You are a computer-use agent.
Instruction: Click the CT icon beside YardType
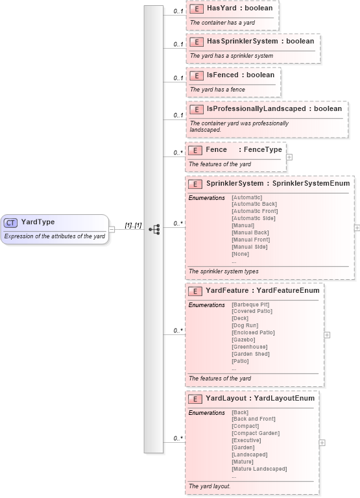(11, 222)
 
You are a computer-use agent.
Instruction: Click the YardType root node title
(38, 222)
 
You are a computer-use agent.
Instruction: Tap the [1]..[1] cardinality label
(133, 225)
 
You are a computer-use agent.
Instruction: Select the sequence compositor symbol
(154, 229)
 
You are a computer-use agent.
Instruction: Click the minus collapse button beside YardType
(112, 229)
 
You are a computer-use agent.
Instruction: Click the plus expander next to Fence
(289, 156)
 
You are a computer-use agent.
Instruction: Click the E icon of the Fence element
(195, 150)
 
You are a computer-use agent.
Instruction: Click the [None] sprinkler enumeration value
(240, 254)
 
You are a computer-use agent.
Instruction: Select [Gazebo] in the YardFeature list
(243, 340)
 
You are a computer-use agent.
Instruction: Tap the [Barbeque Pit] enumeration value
(250, 304)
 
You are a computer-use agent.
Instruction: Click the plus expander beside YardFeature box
(327, 335)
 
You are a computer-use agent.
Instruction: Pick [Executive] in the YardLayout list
(246, 440)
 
